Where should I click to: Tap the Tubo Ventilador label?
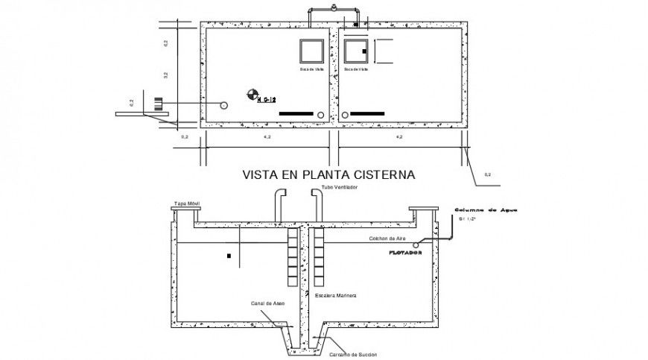click(340, 187)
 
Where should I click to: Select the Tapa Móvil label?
click(186, 203)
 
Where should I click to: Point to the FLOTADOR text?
click(406, 253)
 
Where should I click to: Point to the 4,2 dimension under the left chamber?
click(267, 137)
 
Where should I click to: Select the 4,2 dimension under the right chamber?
click(399, 137)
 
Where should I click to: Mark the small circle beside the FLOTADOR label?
click(417, 244)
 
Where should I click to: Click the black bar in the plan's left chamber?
click(295, 113)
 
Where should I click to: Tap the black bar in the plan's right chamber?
click(366, 113)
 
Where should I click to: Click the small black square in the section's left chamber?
click(230, 256)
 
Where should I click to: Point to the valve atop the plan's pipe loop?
click(334, 8)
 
